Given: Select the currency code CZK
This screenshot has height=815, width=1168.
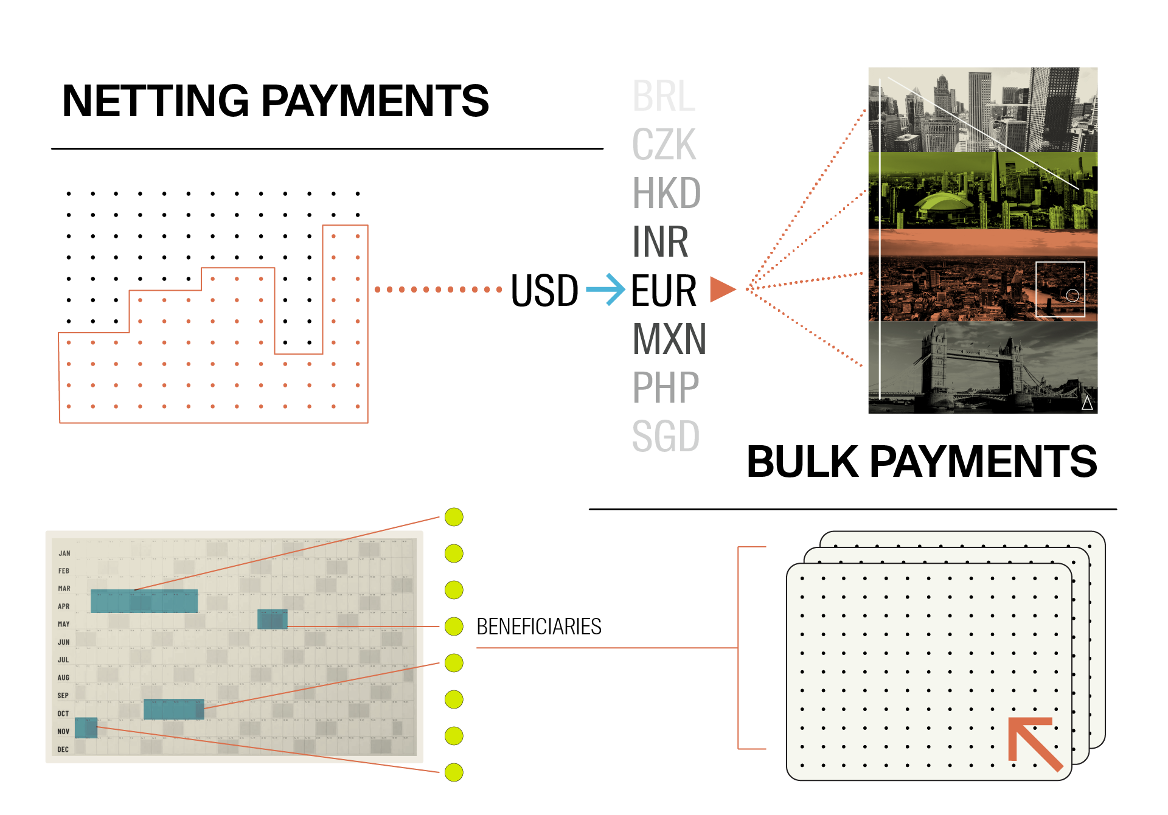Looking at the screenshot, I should pos(664,145).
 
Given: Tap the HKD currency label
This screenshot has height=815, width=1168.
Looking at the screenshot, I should pos(667,193).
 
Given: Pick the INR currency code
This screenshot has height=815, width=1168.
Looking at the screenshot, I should pos(661,242).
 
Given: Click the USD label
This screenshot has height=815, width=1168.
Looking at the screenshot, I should pos(544,291).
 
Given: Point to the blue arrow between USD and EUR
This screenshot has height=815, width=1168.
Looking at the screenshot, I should pos(606,290).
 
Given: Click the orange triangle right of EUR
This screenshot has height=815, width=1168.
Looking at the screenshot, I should pos(721,290).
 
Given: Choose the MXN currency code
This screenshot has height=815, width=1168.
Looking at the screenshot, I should pos(669,339).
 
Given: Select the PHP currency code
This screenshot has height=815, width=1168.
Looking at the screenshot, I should pos(666,387).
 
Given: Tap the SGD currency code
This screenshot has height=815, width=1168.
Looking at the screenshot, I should pos(666,436).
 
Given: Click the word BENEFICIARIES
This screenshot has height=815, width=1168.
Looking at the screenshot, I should pos(538,626).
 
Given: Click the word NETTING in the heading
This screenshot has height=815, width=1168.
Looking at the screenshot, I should pos(156,101).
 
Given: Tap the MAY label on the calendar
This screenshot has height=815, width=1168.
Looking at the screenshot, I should pos(64,624).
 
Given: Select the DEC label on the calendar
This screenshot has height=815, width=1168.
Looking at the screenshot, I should pos(63,749).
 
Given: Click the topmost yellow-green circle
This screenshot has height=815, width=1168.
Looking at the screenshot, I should pos(454,517).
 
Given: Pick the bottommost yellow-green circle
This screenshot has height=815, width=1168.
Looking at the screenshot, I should pos(454,772).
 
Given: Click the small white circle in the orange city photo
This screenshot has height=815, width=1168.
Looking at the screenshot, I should pos(1072,296).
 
